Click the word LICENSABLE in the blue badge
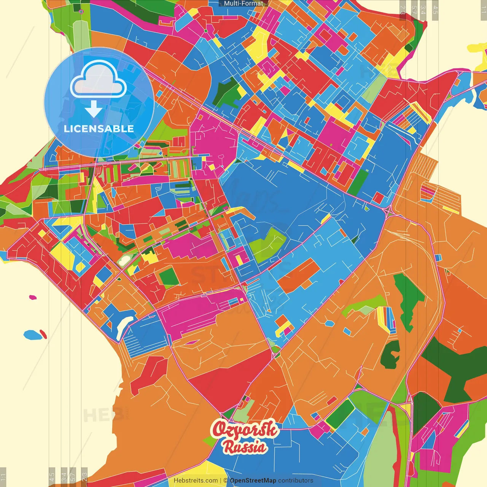coord(99,129)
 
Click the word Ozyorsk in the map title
coord(245,430)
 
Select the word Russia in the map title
coord(245,447)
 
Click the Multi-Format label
coord(243,3)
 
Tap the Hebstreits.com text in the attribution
coord(196,481)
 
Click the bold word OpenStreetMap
coord(253,481)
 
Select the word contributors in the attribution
coord(296,481)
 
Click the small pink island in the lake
coord(33,297)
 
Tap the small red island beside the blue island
coord(43,334)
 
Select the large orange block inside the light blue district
coord(299,276)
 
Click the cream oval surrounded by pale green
coord(124,261)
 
